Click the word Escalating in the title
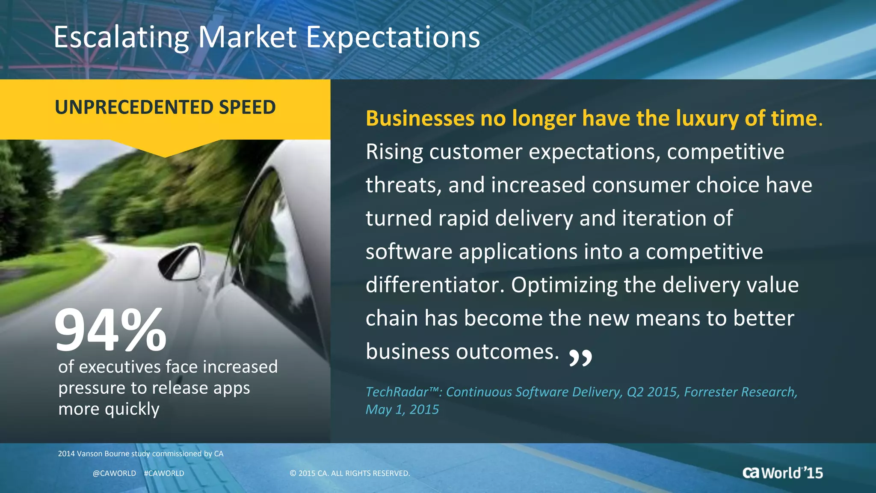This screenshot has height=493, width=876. (x=121, y=38)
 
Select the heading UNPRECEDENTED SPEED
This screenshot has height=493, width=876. (x=165, y=107)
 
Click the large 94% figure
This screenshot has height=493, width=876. (x=110, y=330)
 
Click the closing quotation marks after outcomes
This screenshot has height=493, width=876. (x=580, y=358)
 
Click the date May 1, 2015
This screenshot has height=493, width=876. (x=402, y=410)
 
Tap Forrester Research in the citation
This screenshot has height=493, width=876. (x=740, y=392)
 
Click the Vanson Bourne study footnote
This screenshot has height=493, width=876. (x=140, y=454)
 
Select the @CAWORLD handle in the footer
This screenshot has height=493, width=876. (x=114, y=473)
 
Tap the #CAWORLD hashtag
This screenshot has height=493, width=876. (x=164, y=473)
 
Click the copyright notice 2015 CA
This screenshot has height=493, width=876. (x=349, y=473)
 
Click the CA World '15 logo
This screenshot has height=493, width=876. (x=782, y=473)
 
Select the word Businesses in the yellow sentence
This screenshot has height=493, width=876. (x=420, y=118)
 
